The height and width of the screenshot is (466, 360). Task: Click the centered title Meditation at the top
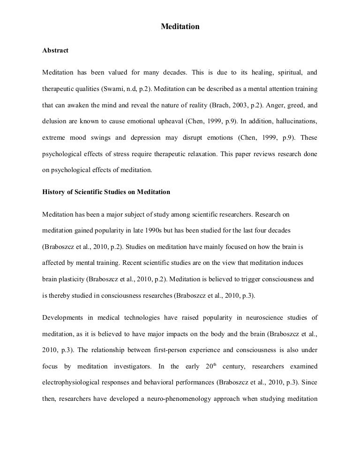click(x=180, y=27)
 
